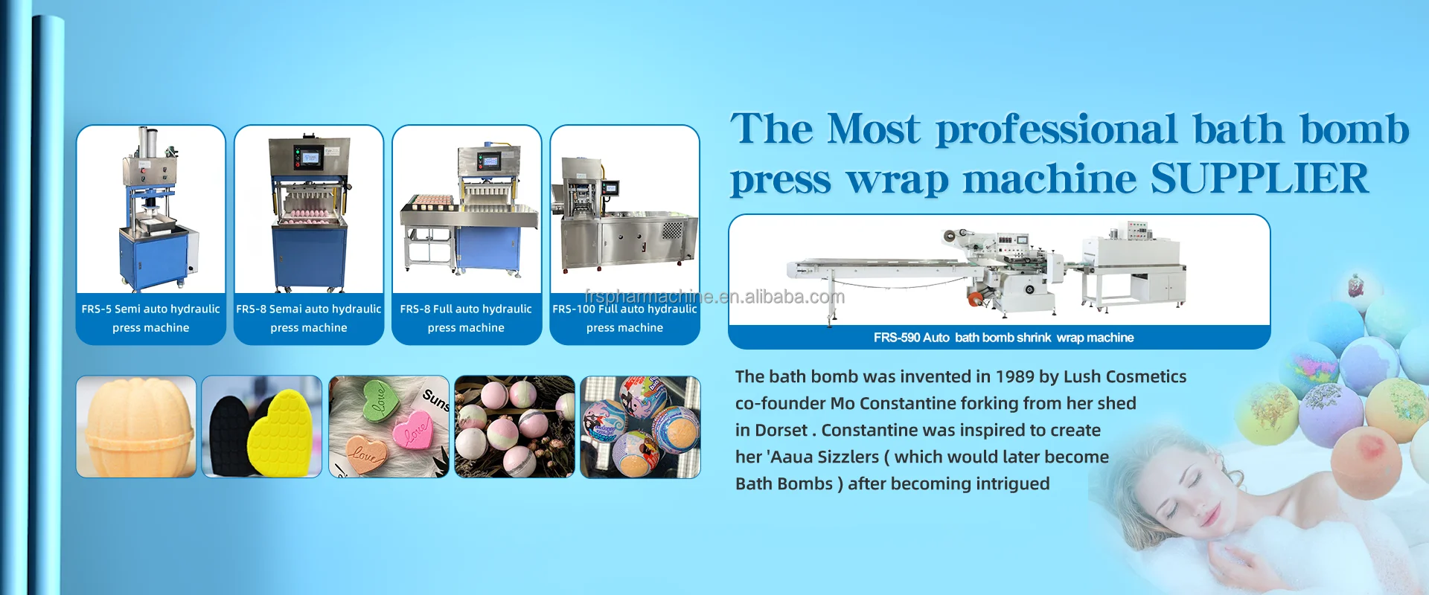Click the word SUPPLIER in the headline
click(x=1259, y=178)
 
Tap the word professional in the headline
click(x=1057, y=130)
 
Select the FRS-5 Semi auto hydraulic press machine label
click(x=151, y=318)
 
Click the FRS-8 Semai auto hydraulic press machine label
click(x=309, y=318)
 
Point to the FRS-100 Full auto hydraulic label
click(x=624, y=309)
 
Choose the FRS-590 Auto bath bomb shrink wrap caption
click(x=1004, y=338)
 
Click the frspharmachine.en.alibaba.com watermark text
click(x=714, y=297)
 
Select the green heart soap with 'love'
click(x=380, y=399)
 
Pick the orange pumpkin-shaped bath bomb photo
click(x=136, y=426)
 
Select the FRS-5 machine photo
click(x=151, y=209)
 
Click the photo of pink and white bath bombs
click(x=515, y=426)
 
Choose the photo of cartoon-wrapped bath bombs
click(x=640, y=426)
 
